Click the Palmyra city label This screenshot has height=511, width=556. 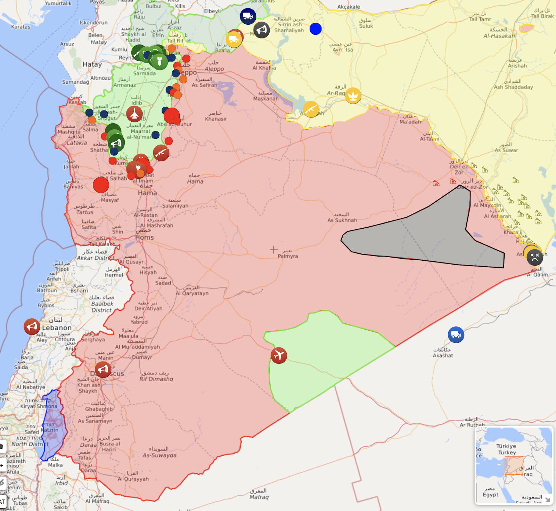coord(288,256)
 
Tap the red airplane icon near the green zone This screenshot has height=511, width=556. coord(279,355)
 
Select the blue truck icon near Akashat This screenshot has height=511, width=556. coord(456,335)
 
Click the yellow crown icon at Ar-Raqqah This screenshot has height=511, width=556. coord(353,96)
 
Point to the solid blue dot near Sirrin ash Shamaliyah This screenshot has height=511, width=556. coord(316,29)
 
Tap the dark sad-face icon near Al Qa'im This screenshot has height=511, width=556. coord(534,258)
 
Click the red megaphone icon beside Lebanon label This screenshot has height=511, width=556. coord(32,327)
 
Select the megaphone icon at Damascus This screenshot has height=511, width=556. coord(103,370)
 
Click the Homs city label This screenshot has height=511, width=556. coord(145,237)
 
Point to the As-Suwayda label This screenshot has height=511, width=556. coord(160,455)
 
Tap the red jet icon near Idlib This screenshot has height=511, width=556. coord(134,114)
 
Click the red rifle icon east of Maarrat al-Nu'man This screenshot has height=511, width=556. coord(161,153)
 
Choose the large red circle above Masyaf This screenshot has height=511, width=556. coord(101,185)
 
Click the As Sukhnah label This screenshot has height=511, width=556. coord(342,220)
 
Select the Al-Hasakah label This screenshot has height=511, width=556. coord(499,36)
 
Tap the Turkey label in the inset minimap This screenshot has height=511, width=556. coord(507,452)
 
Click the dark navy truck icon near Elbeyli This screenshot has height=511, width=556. coord(248,16)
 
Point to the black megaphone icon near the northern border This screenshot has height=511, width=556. coord(262,30)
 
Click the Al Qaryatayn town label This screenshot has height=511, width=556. coord(192,293)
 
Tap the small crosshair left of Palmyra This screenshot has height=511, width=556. coord(274,250)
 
